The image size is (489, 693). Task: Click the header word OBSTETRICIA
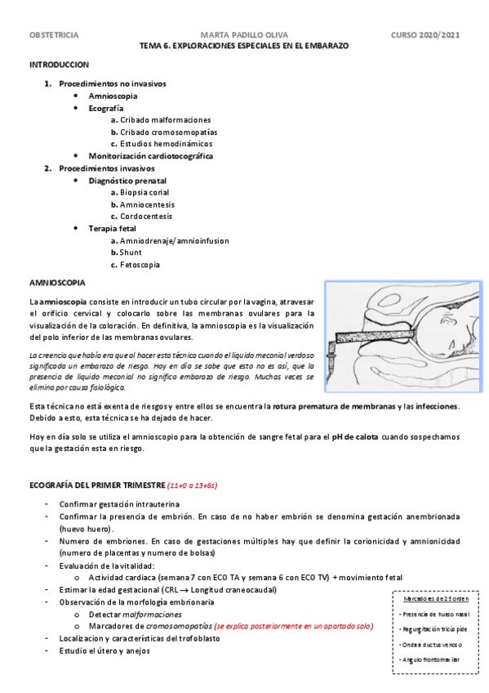(54, 36)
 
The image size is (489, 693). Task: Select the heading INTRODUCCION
(59, 64)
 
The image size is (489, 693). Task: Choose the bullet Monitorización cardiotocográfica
(151, 156)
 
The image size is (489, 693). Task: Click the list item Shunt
(131, 253)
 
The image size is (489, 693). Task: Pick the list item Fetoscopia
(139, 265)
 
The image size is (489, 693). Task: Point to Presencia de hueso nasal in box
(433, 614)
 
